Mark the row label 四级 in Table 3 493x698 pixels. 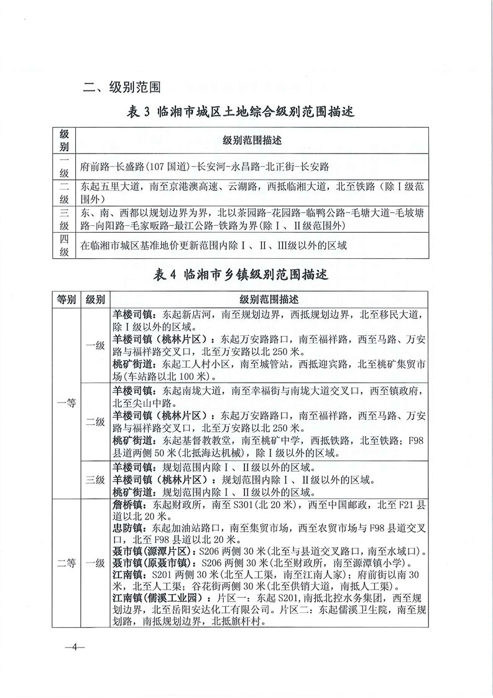64,245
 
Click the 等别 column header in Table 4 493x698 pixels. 65,298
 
